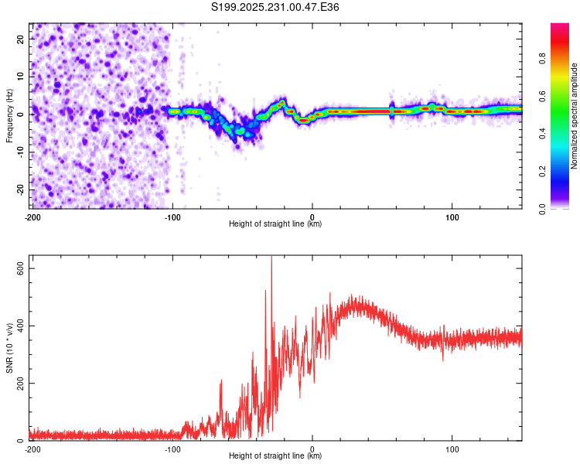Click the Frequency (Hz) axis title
(9, 116)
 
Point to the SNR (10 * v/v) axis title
(9, 348)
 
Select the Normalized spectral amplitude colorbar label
(575, 116)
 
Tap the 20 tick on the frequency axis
(22, 38)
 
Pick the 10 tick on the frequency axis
(22, 76)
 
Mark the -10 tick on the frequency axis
(20, 152)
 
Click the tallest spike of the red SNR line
(271, 258)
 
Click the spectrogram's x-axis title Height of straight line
(275, 224)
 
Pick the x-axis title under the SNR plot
(275, 456)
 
